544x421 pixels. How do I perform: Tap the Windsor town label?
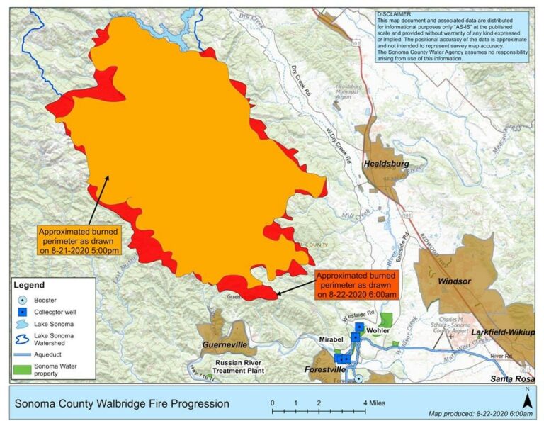pyautogui.click(x=454, y=281)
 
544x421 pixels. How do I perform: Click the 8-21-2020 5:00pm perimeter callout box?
pyautogui.click(x=79, y=241)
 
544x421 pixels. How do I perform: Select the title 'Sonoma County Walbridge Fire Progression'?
pyautogui.click(x=122, y=403)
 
